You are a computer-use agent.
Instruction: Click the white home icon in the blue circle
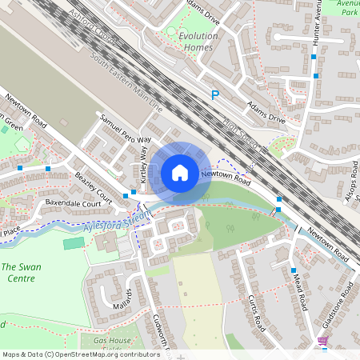180,172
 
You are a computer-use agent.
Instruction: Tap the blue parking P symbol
214,95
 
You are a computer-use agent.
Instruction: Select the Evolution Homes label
198,42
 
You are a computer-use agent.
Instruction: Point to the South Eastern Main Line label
126,83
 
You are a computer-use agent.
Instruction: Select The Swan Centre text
18,272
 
